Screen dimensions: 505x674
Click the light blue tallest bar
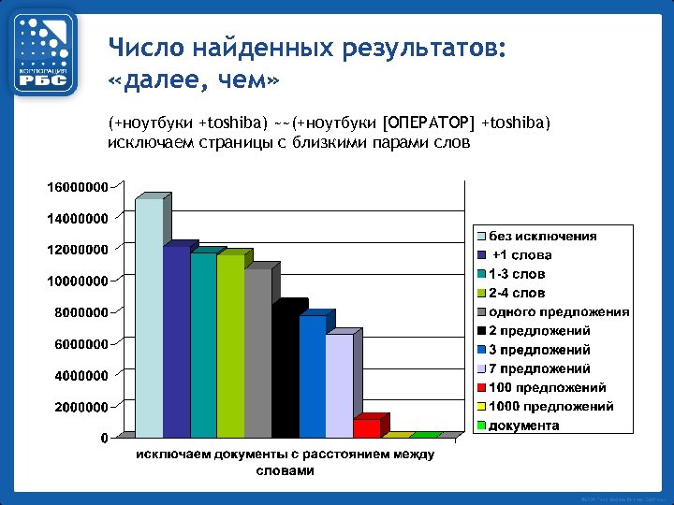pos(149,318)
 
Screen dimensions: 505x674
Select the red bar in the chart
pos(367,427)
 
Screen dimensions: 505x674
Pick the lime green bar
pos(230,346)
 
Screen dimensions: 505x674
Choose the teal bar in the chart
pos(203,345)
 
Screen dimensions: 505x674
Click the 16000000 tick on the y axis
pos(78,186)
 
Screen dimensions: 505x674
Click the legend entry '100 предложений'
pos(548,387)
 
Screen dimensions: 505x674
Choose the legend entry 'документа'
pos(524,426)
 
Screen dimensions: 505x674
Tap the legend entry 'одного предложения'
pos(559,311)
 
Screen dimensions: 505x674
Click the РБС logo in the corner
pos(44,53)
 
